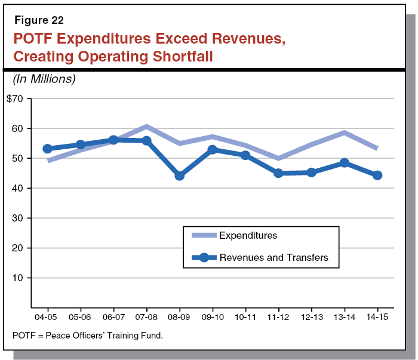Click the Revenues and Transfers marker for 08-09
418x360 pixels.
coord(179,176)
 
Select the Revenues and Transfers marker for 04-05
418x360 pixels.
coord(48,148)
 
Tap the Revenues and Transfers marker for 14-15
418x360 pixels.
coord(377,175)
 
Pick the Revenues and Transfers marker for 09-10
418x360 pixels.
coord(212,149)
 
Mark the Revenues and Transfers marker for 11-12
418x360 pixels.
coord(278,173)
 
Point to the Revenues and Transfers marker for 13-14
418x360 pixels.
coord(344,162)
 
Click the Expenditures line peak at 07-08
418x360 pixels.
coord(146,127)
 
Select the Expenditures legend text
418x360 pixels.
coord(248,235)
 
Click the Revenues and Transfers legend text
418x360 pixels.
coord(274,257)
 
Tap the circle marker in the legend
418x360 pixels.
coord(204,257)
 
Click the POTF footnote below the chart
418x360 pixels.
coord(88,336)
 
